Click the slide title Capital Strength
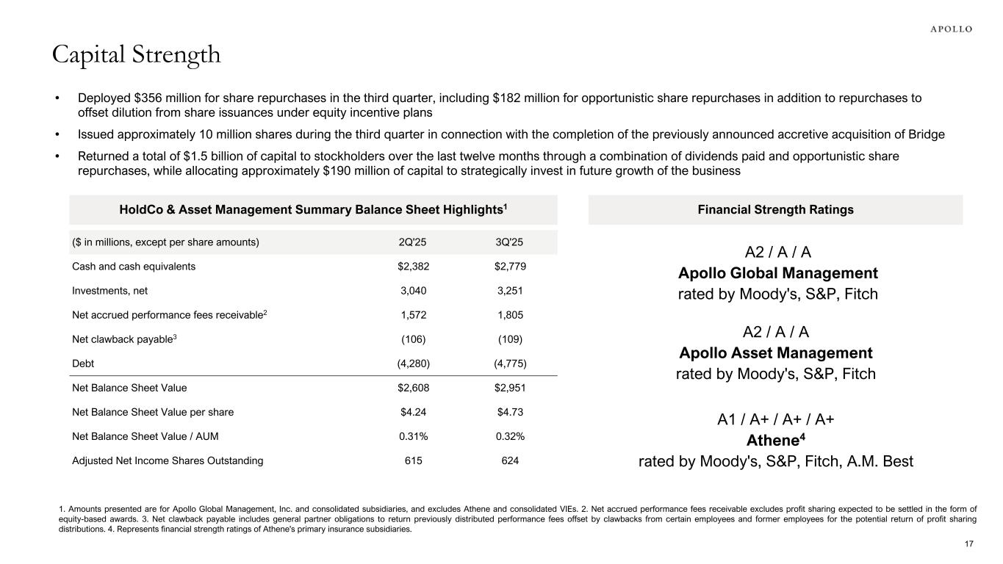coord(136,54)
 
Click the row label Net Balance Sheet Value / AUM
coord(145,436)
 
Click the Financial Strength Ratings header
coord(775,210)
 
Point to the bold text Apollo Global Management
coord(777,273)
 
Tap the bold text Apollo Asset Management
coord(775,352)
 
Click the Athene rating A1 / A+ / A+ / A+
coord(775,420)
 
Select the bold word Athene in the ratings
coord(773,441)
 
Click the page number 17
coord(968,544)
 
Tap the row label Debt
coord(83,364)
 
